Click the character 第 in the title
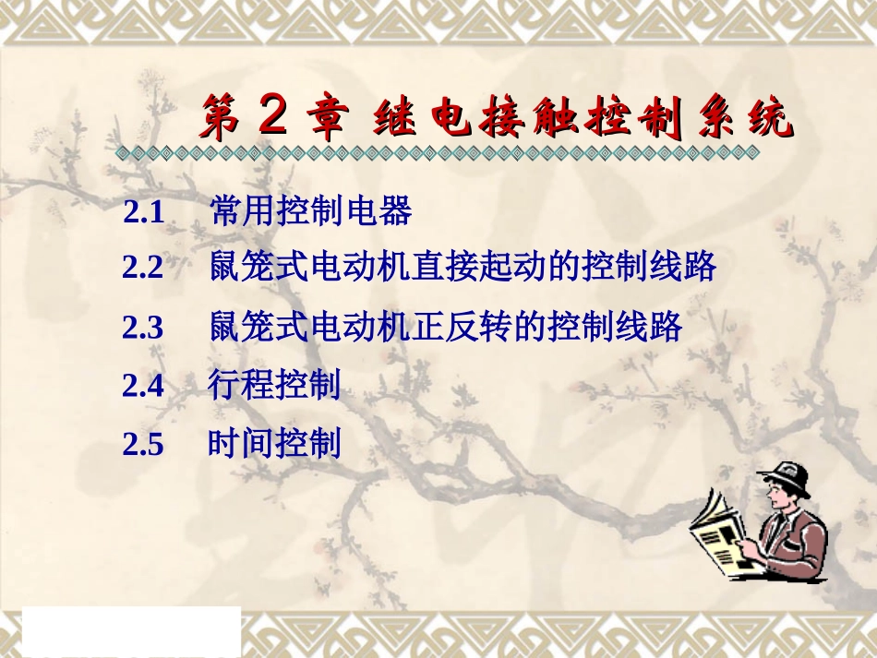222,120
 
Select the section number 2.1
144,214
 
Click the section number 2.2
143,269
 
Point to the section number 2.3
143,329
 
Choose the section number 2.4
143,386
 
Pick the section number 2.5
143,445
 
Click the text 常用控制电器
310,212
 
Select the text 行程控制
274,385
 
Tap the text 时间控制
274,444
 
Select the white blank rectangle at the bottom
130,631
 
